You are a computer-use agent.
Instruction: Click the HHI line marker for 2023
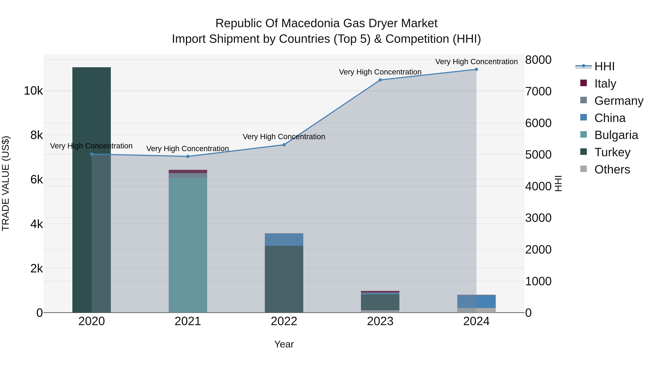(x=380, y=80)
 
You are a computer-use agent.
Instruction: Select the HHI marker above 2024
(x=476, y=69)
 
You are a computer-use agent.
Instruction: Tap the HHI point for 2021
(x=188, y=157)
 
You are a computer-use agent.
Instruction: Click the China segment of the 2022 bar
(x=284, y=239)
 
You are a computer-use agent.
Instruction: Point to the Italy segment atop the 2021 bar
(x=188, y=171)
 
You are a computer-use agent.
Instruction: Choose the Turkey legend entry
(x=612, y=152)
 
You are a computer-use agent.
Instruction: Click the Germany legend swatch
(x=584, y=100)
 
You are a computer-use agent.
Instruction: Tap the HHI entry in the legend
(x=604, y=66)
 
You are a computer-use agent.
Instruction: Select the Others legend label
(x=612, y=169)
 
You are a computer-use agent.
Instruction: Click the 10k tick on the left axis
(x=33, y=91)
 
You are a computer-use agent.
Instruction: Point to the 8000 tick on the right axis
(x=538, y=60)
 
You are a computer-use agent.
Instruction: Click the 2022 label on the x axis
(x=284, y=321)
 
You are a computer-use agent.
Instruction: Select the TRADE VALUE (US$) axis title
(x=6, y=183)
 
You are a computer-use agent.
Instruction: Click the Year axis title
(x=284, y=344)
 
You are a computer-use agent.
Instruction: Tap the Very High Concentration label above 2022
(x=284, y=137)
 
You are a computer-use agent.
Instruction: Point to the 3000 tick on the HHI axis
(x=538, y=218)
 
